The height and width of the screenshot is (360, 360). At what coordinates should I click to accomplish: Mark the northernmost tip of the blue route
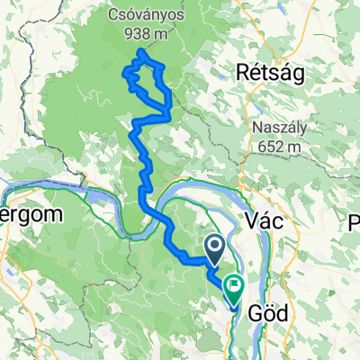click(x=140, y=54)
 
